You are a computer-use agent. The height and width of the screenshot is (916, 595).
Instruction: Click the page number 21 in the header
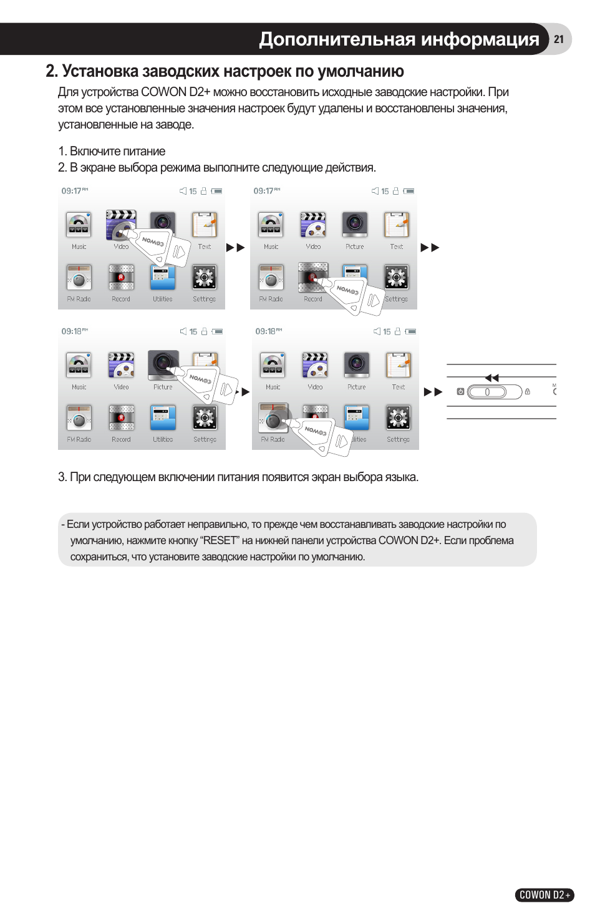tap(558, 39)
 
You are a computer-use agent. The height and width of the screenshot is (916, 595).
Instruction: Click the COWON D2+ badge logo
tap(544, 895)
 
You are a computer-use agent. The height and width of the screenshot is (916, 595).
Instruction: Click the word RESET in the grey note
tap(220, 540)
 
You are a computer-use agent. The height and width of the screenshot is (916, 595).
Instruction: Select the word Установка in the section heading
tap(100, 71)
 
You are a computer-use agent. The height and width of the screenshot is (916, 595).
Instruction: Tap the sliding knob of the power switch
tap(488, 392)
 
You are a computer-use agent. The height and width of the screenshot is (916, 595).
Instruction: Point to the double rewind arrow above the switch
tap(492, 378)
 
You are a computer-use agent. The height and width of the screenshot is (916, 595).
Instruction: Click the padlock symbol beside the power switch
tap(528, 392)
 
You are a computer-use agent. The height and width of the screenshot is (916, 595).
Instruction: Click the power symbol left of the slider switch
tap(460, 392)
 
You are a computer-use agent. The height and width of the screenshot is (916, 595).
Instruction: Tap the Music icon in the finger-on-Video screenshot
tap(79, 225)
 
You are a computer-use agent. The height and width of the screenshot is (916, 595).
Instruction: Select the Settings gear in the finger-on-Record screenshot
tap(396, 277)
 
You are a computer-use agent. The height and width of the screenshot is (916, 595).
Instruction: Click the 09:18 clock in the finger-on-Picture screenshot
tap(72, 331)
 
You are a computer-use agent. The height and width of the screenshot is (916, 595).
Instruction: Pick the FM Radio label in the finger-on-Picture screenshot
tap(79, 439)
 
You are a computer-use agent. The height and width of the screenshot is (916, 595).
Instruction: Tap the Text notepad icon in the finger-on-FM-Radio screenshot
tap(398, 365)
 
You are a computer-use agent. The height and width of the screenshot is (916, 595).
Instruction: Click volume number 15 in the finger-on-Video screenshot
tap(193, 192)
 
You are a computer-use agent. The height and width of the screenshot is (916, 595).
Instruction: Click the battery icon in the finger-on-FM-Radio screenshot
tap(410, 332)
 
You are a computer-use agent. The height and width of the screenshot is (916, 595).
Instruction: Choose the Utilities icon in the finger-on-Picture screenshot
tap(163, 418)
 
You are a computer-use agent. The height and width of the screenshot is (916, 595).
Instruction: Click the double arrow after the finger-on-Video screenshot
tap(236, 248)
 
